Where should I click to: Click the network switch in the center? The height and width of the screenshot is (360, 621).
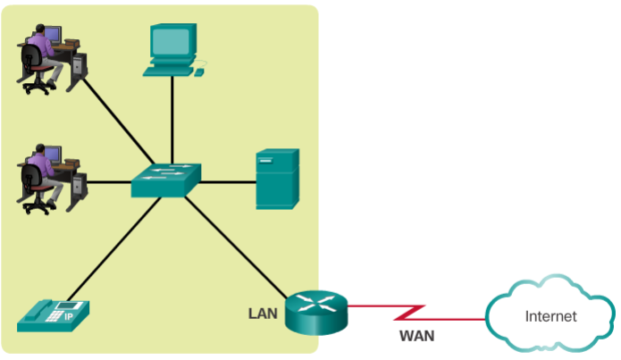click(x=166, y=181)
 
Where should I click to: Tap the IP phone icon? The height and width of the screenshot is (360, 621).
click(x=55, y=312)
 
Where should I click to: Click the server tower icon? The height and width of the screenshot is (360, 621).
click(x=276, y=179)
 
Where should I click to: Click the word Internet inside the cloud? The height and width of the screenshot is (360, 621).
click(x=550, y=316)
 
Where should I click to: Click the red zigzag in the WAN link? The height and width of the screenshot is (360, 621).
click(x=413, y=312)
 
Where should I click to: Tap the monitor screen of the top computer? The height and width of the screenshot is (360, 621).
click(x=172, y=40)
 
